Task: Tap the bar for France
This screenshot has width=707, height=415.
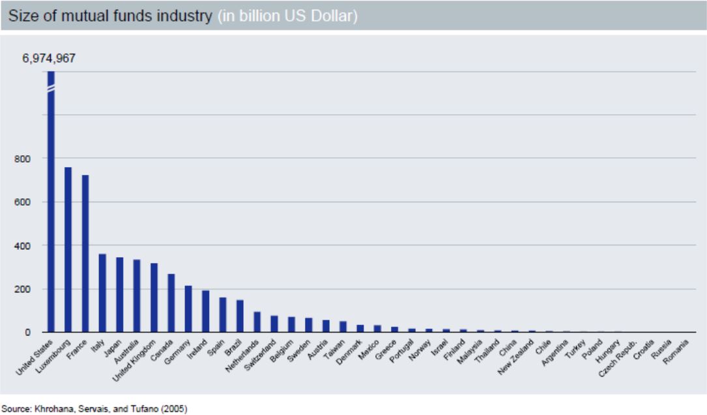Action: [85, 254]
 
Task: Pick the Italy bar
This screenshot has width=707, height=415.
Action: [102, 293]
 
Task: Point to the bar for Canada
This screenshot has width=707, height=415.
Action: [171, 303]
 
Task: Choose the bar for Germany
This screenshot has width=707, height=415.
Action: [188, 309]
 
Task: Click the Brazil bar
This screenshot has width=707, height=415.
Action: [240, 316]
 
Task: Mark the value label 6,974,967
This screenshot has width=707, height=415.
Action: [49, 58]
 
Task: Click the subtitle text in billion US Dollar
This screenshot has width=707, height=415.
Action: [289, 16]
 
